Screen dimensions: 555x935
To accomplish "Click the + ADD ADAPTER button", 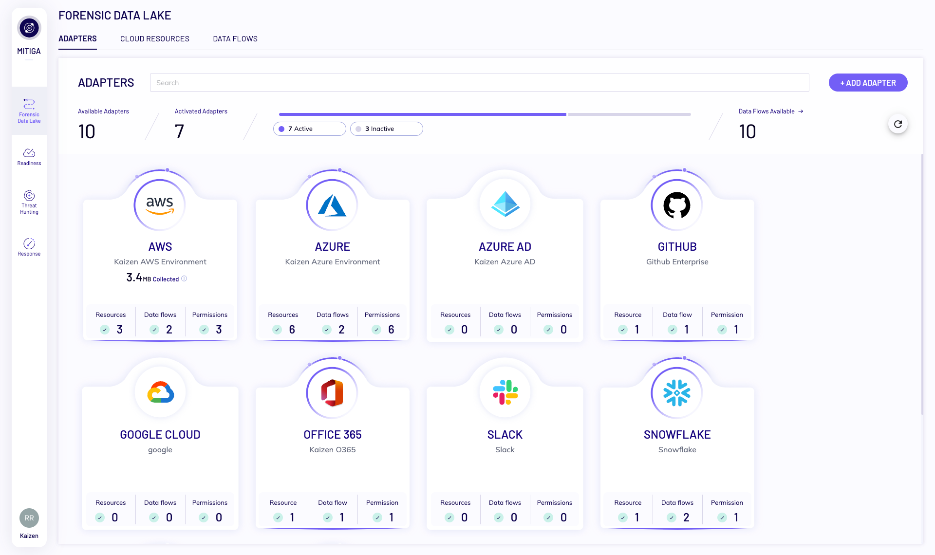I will [868, 83].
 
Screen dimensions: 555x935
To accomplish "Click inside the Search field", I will [479, 83].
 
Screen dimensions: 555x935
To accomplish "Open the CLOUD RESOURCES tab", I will [154, 39].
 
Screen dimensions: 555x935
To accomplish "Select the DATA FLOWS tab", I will [235, 39].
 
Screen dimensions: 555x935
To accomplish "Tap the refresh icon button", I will [898, 124].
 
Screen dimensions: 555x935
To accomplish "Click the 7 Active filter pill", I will [309, 129].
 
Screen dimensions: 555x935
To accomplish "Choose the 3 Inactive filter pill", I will [386, 129].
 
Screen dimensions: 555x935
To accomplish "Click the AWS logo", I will [160, 205].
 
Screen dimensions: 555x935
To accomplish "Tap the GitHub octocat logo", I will [676, 205].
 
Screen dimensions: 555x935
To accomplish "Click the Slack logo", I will [505, 392].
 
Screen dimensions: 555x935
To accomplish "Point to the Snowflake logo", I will [676, 392].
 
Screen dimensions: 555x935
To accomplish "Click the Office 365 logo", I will [332, 392].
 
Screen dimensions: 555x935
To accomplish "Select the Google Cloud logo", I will [160, 392].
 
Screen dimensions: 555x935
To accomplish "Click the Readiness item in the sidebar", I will [29, 157].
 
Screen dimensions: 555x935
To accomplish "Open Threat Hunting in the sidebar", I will [29, 202].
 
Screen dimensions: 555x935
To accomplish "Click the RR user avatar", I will [29, 518].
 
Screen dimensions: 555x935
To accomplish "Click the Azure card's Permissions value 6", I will [391, 330].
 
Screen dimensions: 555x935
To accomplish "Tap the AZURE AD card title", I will [505, 247].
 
